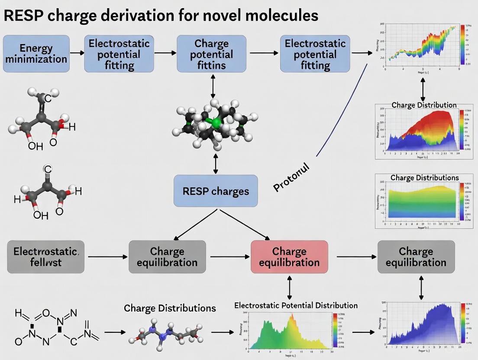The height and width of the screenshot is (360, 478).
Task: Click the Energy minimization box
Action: pos(36,53)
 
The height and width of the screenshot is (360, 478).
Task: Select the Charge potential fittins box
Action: pos(211,54)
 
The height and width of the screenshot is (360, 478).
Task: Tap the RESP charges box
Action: pos(216,191)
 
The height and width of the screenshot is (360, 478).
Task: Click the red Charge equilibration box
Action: pos(289,257)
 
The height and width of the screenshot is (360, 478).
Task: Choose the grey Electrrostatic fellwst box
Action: pos(46,257)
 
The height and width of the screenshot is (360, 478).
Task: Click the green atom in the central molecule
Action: pos(215,122)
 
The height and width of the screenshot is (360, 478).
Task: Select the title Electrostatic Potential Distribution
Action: pos(296,305)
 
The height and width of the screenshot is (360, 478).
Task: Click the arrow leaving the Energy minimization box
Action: pos(77,53)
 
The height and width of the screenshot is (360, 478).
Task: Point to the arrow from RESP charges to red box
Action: pos(245,225)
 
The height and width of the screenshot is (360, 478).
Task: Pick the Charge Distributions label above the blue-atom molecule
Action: pos(170,308)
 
